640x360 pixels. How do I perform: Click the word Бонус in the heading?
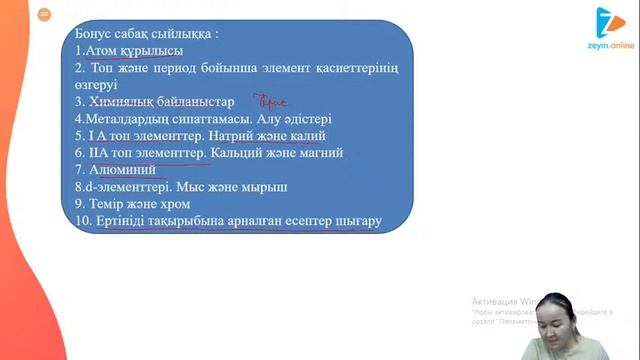pyautogui.click(x=97, y=32)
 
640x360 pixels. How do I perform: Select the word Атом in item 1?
pyautogui.click(x=102, y=49)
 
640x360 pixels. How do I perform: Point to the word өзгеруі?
pyautogui.click(x=97, y=84)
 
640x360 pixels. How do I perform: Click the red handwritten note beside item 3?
pyautogui.click(x=271, y=101)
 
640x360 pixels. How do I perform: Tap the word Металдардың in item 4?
pyautogui.click(x=127, y=118)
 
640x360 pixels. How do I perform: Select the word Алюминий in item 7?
pyautogui.click(x=120, y=170)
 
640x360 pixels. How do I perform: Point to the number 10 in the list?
pyautogui.click(x=82, y=221)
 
